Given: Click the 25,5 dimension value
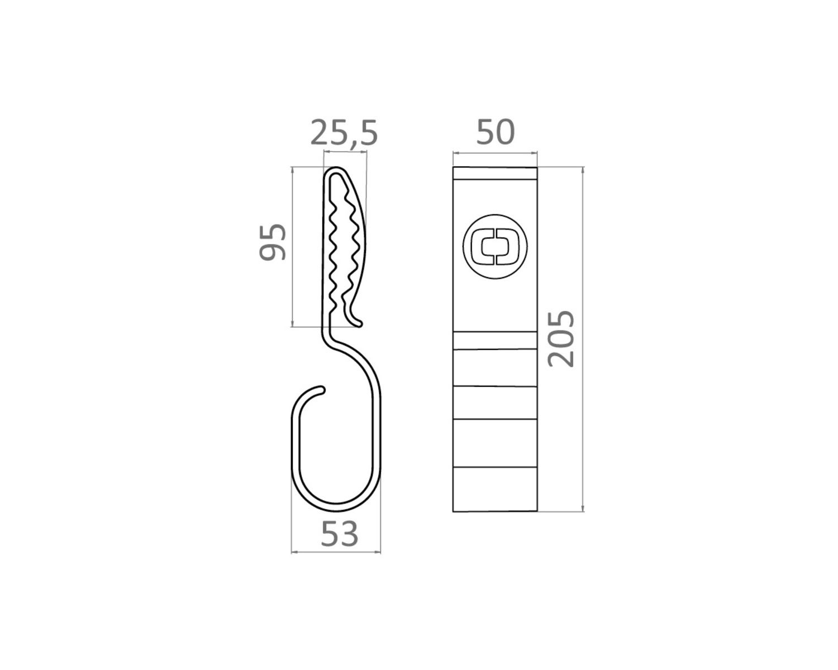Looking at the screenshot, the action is tap(344, 133).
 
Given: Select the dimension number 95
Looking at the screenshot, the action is tap(273, 242).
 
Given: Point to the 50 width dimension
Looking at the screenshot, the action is tap(496, 132).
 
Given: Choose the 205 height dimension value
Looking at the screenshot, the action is tap(561, 339).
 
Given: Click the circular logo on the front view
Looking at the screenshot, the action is tap(495, 246).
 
